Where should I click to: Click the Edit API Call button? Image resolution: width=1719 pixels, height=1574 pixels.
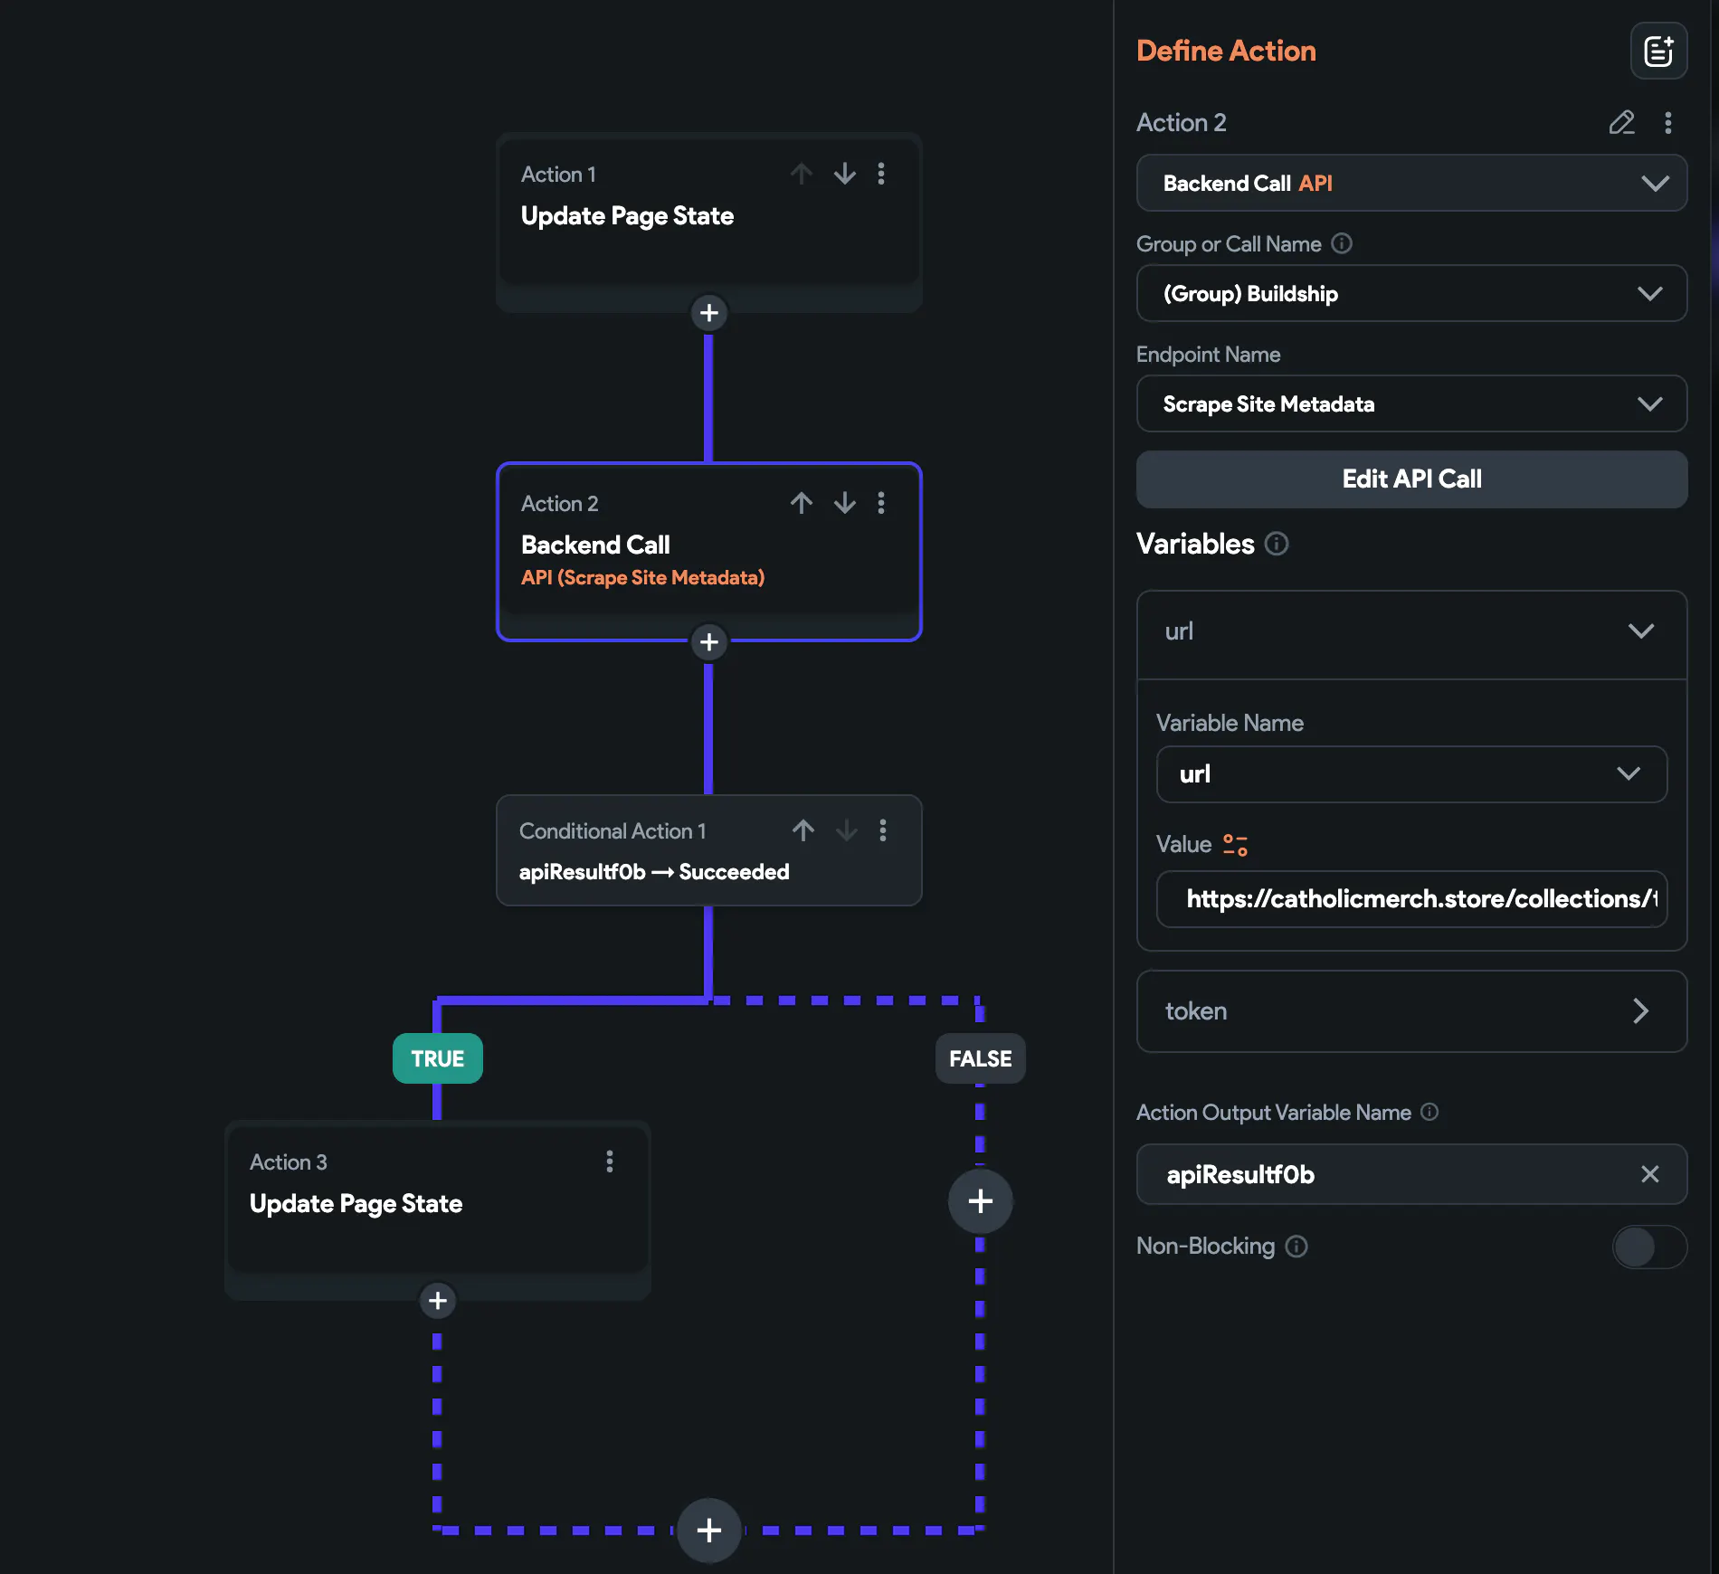click(x=1411, y=479)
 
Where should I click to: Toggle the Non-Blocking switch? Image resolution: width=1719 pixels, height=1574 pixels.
click(x=1649, y=1247)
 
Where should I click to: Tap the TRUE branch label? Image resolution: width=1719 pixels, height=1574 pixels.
click(x=438, y=1058)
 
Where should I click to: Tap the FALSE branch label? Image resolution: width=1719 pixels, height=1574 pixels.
click(x=980, y=1058)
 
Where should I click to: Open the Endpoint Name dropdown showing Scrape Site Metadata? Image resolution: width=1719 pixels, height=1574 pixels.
click(x=1411, y=403)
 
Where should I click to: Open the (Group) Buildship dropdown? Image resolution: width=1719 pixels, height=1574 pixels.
click(x=1411, y=293)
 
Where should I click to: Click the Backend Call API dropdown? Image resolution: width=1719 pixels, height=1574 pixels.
click(x=1411, y=183)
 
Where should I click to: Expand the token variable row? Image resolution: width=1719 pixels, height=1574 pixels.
click(x=1411, y=1011)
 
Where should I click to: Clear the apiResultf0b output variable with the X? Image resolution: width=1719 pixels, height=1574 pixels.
click(x=1650, y=1174)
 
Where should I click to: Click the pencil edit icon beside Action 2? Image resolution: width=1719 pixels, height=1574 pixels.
click(x=1621, y=122)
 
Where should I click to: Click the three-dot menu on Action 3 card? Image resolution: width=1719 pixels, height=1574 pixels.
click(x=610, y=1162)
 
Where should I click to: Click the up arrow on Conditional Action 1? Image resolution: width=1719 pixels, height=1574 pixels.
click(x=803, y=830)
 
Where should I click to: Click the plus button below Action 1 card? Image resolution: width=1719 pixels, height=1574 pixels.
click(x=709, y=313)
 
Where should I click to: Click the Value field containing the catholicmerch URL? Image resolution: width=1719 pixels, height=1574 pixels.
click(x=1411, y=899)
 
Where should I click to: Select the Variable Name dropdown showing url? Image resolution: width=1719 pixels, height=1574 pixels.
click(x=1411, y=774)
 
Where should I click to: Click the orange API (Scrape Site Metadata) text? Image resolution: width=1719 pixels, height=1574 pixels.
click(x=642, y=578)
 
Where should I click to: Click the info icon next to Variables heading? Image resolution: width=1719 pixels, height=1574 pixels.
click(x=1277, y=544)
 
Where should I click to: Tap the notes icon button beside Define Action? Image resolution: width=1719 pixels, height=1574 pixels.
click(x=1658, y=51)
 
